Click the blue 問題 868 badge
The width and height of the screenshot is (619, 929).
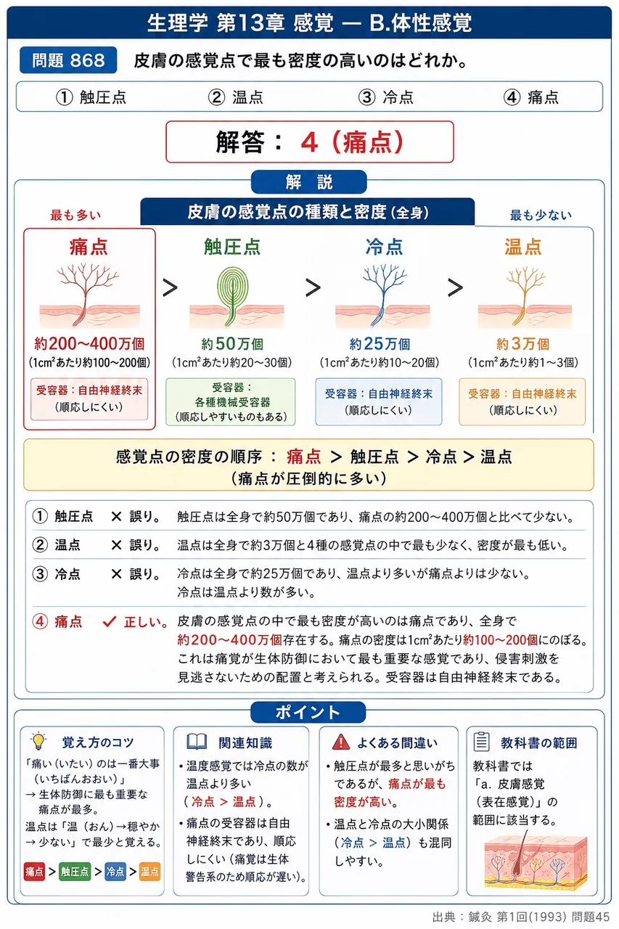[x=68, y=60]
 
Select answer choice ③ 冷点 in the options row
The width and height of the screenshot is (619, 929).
[x=385, y=97]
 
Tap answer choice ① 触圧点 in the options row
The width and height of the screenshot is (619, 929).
[x=91, y=97]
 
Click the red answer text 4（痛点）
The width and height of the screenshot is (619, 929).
[x=352, y=142]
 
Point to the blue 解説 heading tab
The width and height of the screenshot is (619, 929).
[x=309, y=181]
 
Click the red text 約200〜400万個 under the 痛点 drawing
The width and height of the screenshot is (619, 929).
[x=89, y=344]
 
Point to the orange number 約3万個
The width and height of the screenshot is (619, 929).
[x=522, y=344]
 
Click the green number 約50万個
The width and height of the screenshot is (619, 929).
[x=232, y=344]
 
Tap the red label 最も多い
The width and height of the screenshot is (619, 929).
[x=75, y=215]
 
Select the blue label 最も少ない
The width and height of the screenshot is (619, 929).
[x=541, y=215]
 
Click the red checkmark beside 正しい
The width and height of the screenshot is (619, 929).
[x=110, y=621]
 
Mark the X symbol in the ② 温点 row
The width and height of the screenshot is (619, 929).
[x=117, y=544]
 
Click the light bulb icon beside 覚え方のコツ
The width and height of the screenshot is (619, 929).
[x=38, y=741]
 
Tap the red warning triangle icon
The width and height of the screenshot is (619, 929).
[x=341, y=742]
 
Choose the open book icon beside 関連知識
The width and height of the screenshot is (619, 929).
[x=197, y=742]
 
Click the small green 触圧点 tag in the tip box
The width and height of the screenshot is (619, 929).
[x=75, y=872]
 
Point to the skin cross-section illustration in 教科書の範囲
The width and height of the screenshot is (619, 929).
[x=536, y=862]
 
